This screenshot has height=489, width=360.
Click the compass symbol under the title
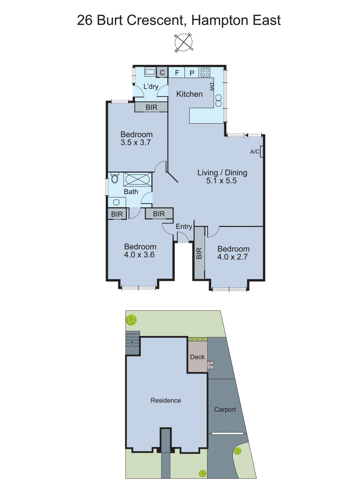click(184, 42)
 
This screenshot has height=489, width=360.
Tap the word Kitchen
click(189, 94)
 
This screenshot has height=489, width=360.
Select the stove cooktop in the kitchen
click(205, 72)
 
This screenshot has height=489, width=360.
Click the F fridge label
click(177, 73)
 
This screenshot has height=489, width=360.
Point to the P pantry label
click(192, 73)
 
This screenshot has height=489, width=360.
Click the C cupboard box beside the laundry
click(162, 72)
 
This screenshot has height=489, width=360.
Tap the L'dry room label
click(151, 86)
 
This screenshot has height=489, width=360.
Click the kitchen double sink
click(218, 101)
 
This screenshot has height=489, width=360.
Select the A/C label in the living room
click(255, 152)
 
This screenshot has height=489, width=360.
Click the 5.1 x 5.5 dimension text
click(221, 181)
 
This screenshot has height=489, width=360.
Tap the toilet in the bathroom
click(115, 178)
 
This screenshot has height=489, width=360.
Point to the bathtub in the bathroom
click(137, 179)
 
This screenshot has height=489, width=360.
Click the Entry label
click(184, 226)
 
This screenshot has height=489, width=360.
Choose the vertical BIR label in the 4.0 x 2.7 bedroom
click(199, 253)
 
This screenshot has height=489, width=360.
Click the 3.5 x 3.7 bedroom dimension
click(136, 142)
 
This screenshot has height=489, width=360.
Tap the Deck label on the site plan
click(197, 357)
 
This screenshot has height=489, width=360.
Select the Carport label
click(225, 410)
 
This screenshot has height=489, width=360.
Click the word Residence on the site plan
click(165, 400)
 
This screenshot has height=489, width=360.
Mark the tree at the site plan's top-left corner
click(131, 320)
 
